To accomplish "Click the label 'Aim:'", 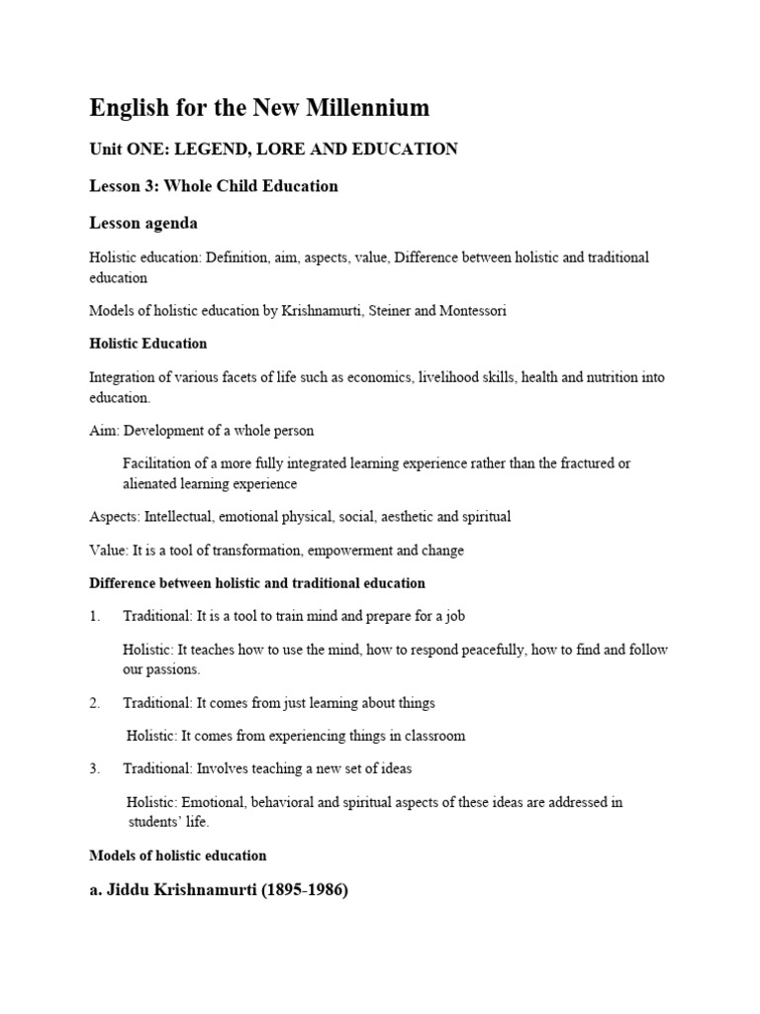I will tap(104, 431).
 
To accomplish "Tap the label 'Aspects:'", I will tap(114, 517).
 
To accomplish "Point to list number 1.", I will tap(95, 616).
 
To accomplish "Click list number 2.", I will tap(95, 703).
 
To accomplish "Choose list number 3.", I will tap(95, 768).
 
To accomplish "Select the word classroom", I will tap(428, 736).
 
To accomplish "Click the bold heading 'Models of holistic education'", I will tap(178, 856).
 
